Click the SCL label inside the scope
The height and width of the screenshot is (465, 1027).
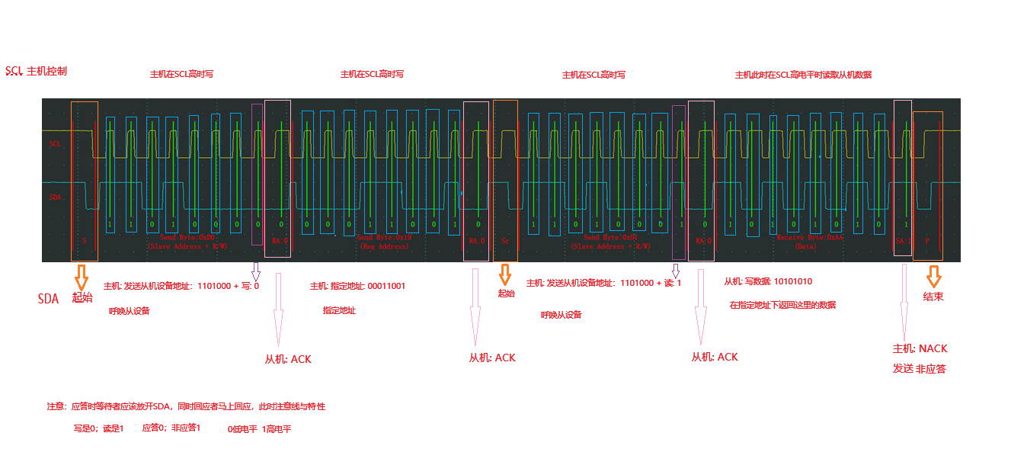(x=55, y=143)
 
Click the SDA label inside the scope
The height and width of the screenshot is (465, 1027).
(x=55, y=197)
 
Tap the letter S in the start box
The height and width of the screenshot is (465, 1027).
(x=85, y=240)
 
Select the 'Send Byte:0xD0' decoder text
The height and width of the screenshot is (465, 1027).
(x=187, y=238)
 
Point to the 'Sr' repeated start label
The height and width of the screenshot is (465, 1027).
(x=504, y=240)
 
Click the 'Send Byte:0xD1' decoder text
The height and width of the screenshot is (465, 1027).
(x=610, y=238)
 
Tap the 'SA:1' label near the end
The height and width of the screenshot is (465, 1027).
(x=902, y=240)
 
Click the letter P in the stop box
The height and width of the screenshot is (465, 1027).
(x=927, y=240)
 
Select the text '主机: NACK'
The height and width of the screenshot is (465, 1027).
(x=920, y=348)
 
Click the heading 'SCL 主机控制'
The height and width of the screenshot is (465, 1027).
(x=36, y=72)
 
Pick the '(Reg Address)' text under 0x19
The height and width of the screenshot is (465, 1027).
(x=383, y=246)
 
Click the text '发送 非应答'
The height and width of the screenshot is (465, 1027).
(x=919, y=369)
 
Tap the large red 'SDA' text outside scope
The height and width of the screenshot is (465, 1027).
(x=48, y=298)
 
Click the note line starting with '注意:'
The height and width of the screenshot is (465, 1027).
(x=186, y=406)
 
